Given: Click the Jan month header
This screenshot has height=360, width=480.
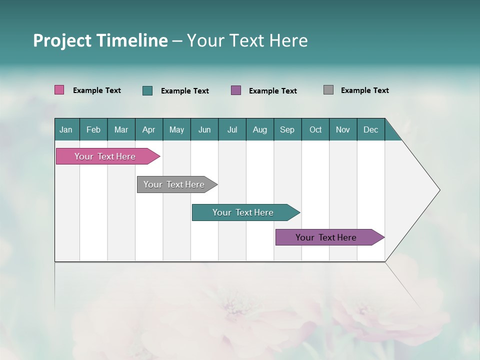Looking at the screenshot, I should (x=66, y=129).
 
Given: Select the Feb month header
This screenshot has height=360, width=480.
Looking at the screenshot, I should (x=93, y=129).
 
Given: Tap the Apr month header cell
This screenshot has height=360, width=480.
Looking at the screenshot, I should (x=149, y=129).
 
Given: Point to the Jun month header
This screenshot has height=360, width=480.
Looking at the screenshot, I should (x=204, y=129).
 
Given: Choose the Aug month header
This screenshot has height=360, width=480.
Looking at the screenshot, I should (x=260, y=129).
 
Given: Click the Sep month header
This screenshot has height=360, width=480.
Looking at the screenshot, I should (x=287, y=129).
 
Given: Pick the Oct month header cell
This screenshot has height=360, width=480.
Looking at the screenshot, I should (x=315, y=129).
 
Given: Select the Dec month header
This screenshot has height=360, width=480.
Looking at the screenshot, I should (x=371, y=129).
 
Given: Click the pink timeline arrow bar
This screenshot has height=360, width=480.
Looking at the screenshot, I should (x=105, y=156).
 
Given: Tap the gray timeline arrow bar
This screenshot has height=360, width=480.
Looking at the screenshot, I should (x=174, y=184).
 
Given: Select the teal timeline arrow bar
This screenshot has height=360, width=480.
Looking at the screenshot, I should (x=243, y=212).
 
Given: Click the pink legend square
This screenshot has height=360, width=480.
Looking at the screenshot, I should (x=59, y=90).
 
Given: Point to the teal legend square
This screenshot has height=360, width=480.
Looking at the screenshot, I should (x=147, y=90).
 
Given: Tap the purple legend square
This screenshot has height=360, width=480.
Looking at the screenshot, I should (x=236, y=90).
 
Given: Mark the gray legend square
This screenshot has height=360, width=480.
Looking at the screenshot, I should (x=328, y=90).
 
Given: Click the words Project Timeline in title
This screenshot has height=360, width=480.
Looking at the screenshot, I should (x=100, y=40).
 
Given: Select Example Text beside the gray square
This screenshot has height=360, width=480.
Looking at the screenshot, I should (x=364, y=90).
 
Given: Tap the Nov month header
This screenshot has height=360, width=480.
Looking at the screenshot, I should (x=343, y=129).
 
